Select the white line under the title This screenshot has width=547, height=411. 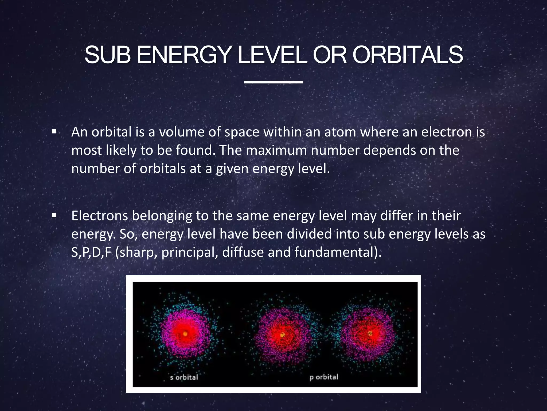273,82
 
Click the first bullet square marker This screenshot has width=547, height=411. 54,132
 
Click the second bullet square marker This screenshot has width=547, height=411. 54,215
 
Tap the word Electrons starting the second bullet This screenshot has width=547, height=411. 99,216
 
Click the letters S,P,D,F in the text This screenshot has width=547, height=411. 91,252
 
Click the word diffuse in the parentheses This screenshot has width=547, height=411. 243,252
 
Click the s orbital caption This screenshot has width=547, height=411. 184,377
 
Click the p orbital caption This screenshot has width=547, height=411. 324,377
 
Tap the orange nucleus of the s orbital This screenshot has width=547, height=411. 185,334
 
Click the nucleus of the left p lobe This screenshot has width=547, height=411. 282,334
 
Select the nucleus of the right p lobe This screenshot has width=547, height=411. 370,333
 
